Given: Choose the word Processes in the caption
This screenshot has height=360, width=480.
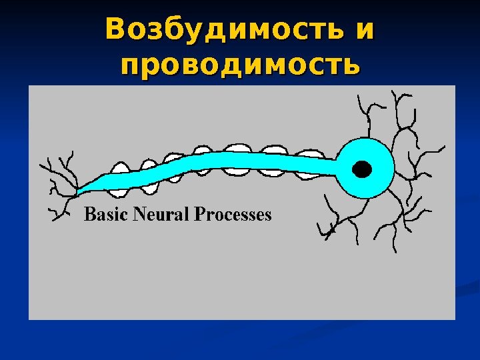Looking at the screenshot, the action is point(233,215).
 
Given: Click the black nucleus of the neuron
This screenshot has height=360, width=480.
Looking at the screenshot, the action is point(362,169).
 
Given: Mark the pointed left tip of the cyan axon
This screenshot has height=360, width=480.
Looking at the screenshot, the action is point(79,193).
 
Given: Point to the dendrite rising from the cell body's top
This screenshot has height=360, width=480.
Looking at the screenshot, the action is point(366,120).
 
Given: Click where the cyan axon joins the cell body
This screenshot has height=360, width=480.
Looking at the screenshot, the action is point(337,163).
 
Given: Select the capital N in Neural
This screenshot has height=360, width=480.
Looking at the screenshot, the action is point(139,215).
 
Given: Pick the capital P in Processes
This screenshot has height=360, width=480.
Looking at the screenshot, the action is point(199,215).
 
